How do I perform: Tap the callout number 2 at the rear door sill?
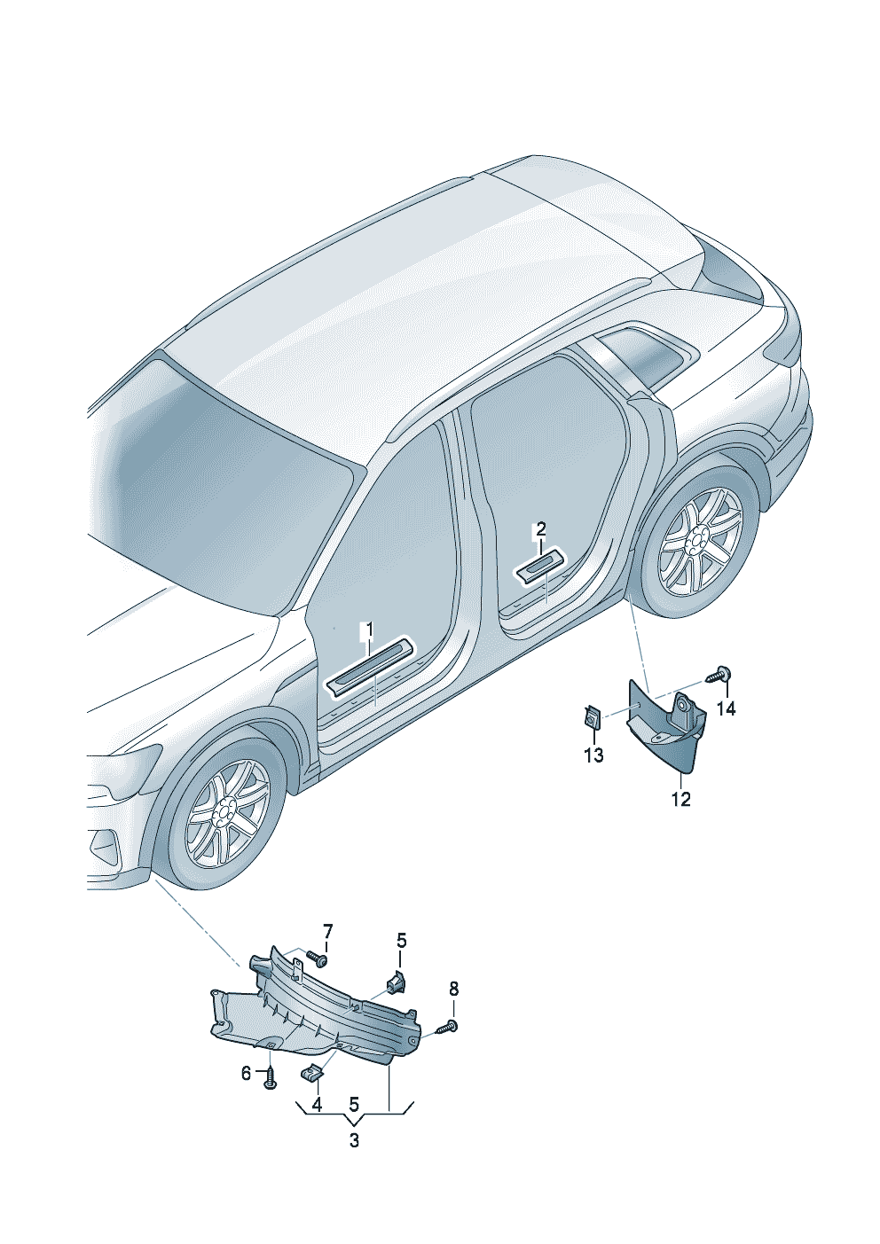click(x=540, y=530)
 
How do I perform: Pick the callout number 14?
click(x=726, y=708)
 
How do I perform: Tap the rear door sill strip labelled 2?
click(x=540, y=567)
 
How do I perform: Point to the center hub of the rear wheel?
click(x=696, y=542)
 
